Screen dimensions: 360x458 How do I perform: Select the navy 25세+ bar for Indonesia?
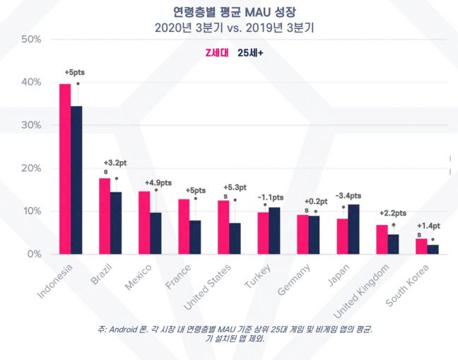(76, 180)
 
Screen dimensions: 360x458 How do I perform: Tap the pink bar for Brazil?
(105, 216)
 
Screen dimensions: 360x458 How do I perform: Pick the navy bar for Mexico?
(155, 233)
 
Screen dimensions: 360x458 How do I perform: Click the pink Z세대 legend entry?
(212, 52)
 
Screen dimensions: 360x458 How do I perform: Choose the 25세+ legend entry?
(251, 52)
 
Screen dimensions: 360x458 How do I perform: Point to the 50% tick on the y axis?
(31, 39)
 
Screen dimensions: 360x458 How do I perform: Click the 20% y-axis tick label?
(31, 168)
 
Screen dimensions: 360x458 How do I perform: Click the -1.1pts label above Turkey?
(270, 197)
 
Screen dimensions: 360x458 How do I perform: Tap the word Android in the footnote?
(122, 329)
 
